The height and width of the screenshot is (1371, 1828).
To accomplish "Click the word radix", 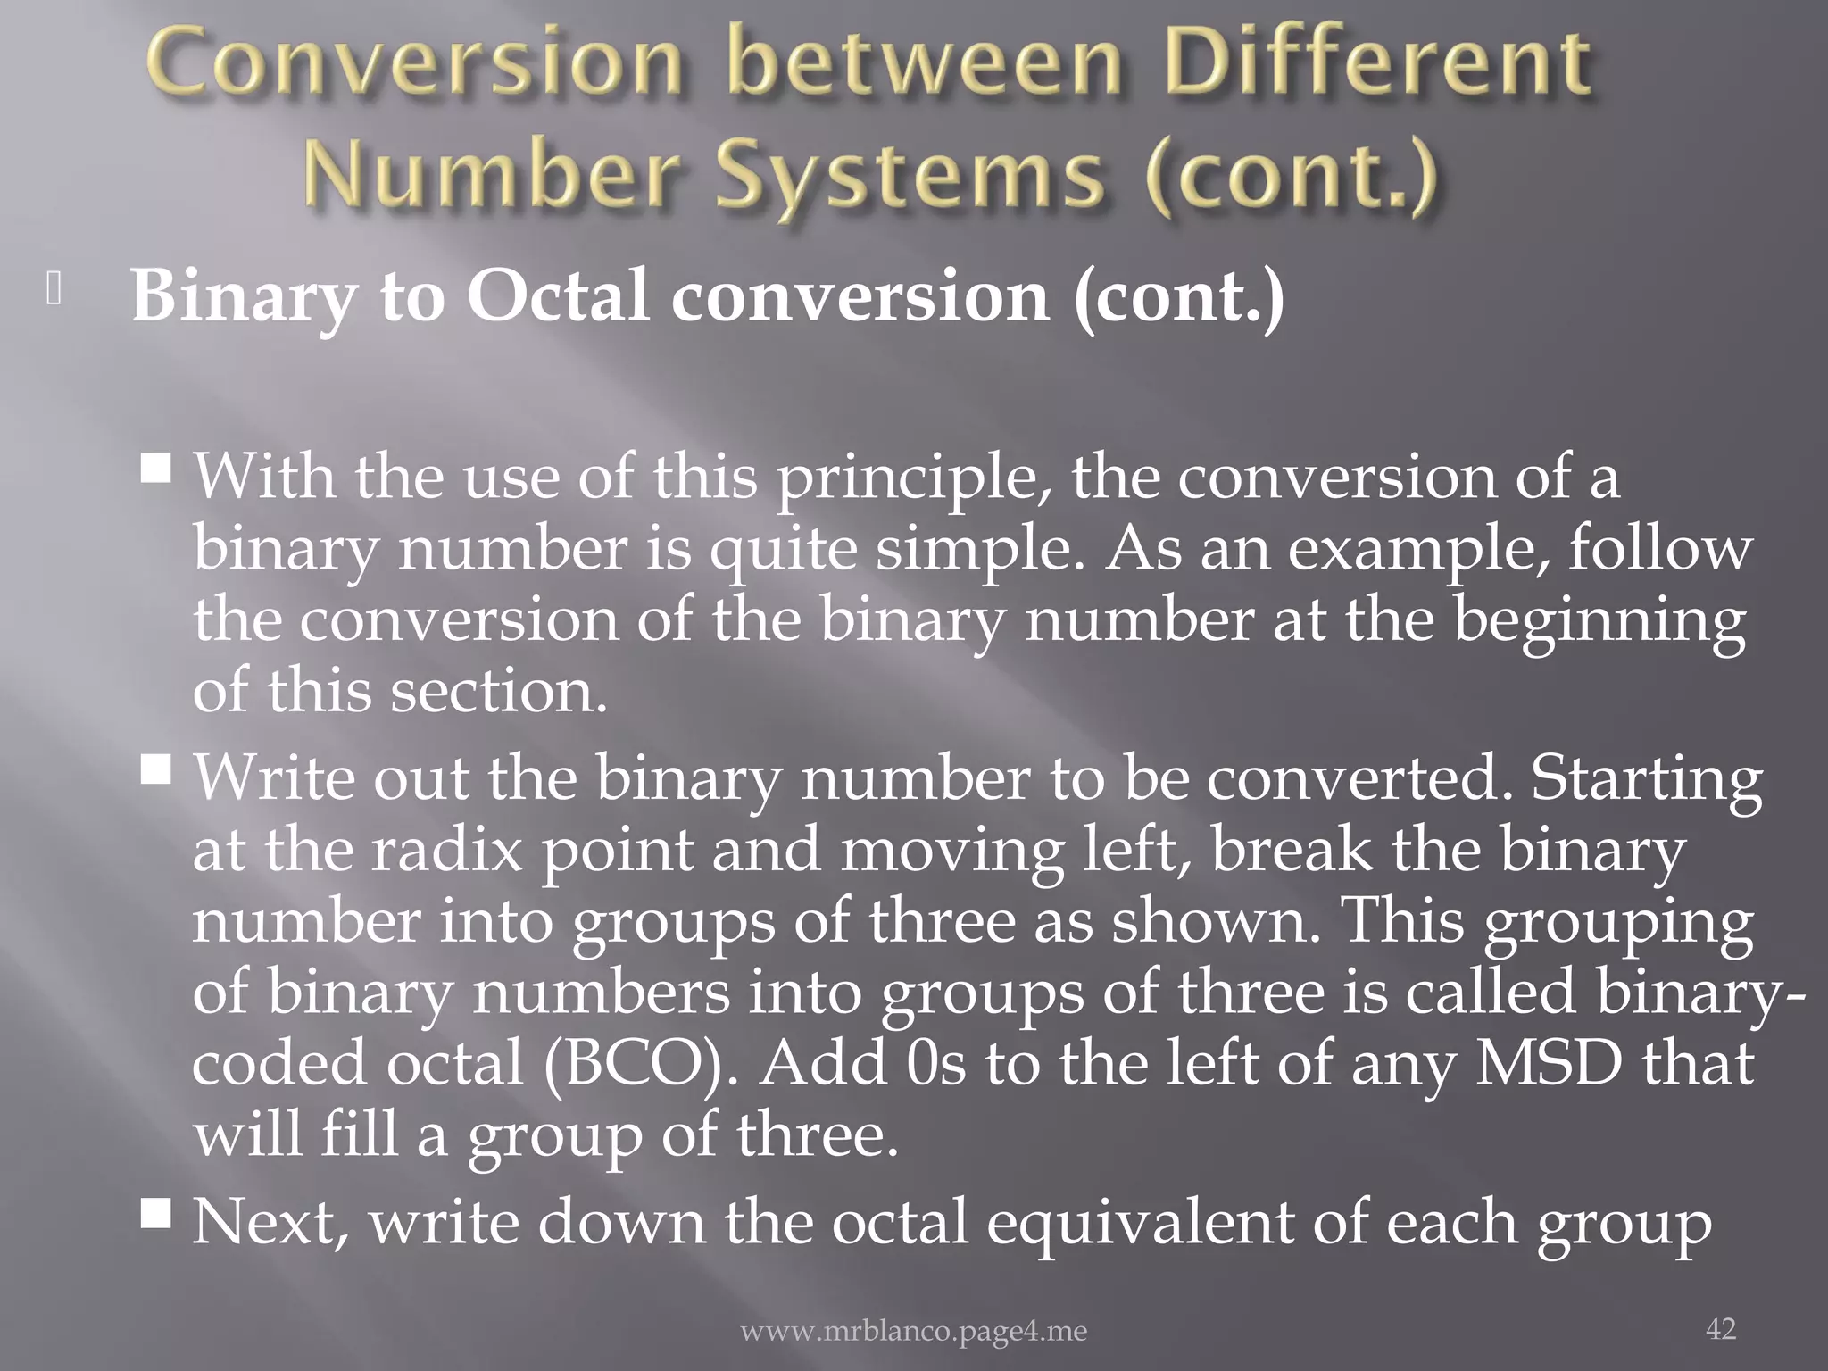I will (445, 850).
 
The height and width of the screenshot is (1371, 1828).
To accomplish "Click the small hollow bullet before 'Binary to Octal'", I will (54, 291).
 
